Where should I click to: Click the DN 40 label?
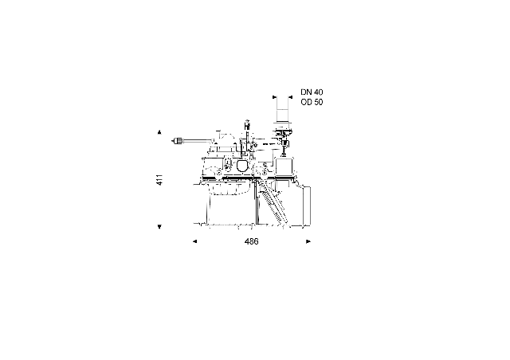(x=312, y=92)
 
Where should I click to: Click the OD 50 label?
(x=312, y=102)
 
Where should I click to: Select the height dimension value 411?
(x=159, y=180)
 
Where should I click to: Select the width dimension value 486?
(x=252, y=241)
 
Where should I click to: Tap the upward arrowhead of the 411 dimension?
(x=159, y=132)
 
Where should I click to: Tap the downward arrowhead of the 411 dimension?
(x=159, y=227)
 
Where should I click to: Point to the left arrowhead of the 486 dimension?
(x=194, y=241)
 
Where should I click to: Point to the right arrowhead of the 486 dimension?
(x=308, y=241)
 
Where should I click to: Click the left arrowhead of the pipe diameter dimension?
(x=274, y=97)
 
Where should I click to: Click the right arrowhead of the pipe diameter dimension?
(x=290, y=97)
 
